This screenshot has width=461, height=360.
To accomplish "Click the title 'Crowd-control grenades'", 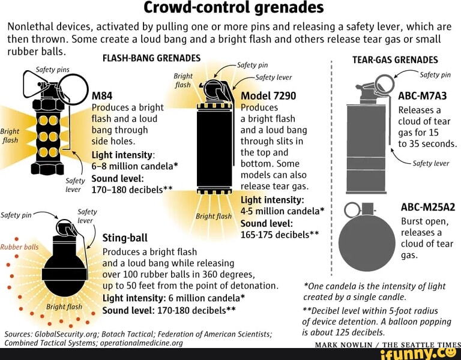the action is point(234,8).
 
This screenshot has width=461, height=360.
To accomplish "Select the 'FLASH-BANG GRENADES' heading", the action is point(152,58).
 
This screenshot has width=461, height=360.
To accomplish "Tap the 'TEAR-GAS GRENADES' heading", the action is point(395,60).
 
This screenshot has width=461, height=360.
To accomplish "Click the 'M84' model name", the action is point(102,96).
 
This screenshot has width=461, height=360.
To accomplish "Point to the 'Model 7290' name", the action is point(268,96).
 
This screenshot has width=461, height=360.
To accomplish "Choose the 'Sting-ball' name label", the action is point(125,238).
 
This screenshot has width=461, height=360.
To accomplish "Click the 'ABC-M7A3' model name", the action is point(423,96).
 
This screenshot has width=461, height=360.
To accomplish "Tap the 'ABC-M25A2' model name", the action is point(428,207).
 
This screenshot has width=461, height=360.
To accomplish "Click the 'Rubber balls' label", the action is point(19,247).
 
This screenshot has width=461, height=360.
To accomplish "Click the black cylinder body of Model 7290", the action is point(214,149).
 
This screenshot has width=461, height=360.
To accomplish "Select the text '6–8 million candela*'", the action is point(135,166).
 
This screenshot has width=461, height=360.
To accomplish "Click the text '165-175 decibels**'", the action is point(280,235).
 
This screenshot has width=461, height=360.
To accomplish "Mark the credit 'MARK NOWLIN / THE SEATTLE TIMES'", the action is point(388,345).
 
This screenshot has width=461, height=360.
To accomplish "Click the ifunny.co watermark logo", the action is point(420,353).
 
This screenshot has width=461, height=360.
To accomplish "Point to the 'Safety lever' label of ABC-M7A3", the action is point(431,163).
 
